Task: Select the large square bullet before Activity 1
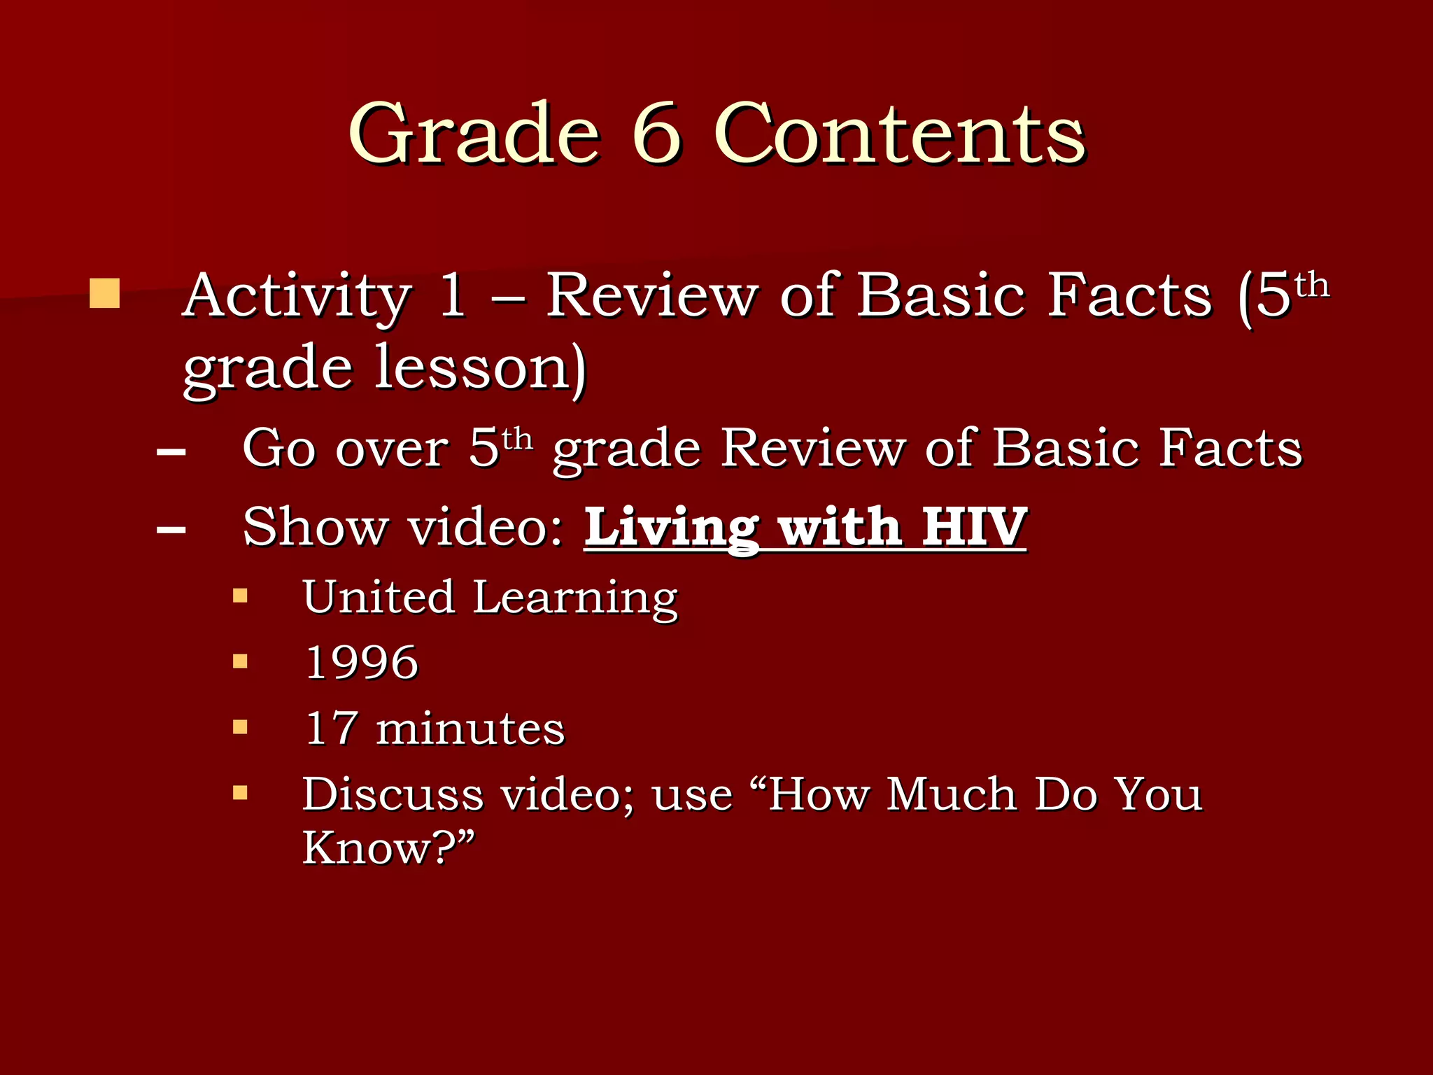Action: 104,294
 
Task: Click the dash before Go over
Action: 171,451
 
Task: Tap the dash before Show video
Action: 171,530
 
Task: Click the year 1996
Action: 362,662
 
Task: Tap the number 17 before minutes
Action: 332,728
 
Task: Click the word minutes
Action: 470,729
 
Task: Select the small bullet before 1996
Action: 240,661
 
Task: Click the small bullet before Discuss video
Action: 240,792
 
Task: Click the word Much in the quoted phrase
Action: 951,794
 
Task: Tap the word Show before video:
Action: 316,527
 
